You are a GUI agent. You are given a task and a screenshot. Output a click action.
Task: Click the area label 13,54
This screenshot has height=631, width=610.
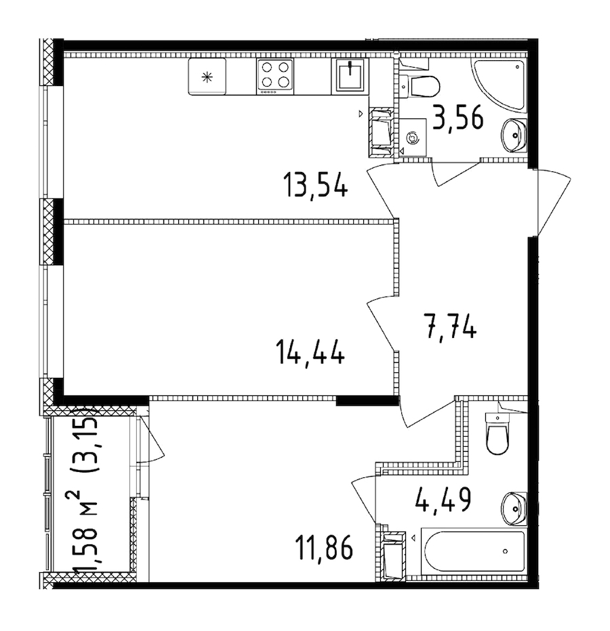[316, 184]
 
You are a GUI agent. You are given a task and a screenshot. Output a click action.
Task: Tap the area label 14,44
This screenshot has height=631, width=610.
[310, 353]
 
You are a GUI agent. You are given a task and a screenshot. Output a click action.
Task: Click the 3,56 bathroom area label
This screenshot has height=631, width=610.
[459, 119]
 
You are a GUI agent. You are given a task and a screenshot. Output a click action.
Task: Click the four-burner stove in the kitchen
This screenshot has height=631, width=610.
[274, 74]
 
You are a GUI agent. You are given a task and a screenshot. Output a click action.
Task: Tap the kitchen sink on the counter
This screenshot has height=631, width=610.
[350, 75]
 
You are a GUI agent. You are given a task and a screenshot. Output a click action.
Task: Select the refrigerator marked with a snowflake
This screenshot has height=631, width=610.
[207, 77]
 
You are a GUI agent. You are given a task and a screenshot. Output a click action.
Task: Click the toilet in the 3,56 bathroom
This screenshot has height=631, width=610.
[422, 85]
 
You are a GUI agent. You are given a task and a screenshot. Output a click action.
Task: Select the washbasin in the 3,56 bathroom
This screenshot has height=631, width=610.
[515, 135]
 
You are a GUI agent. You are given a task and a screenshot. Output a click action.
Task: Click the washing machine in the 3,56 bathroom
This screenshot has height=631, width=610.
[412, 137]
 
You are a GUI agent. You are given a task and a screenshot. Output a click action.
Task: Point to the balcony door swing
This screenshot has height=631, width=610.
[150, 443]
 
